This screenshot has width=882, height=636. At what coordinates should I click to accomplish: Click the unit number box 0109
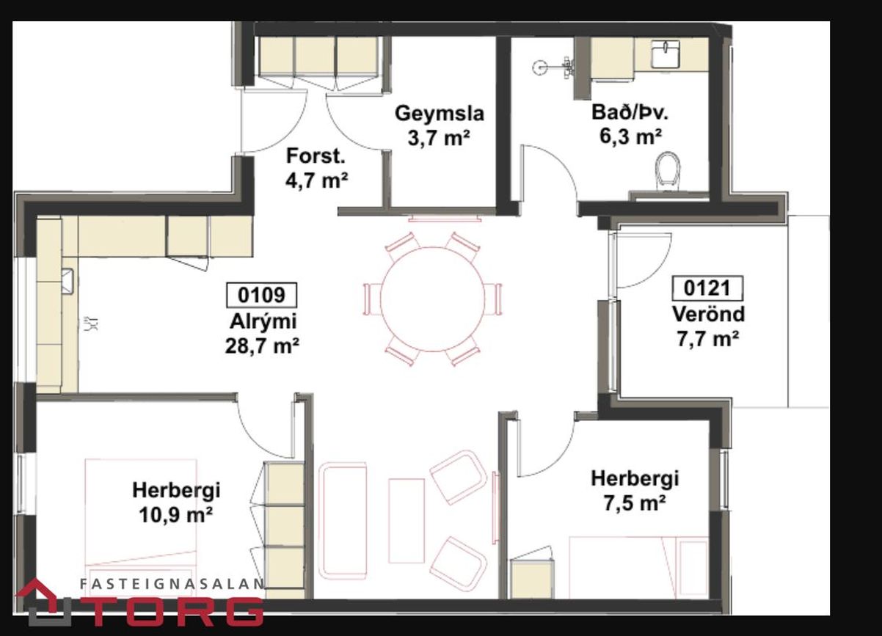(x=261, y=295)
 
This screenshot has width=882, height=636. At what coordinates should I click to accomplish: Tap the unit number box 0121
(x=707, y=288)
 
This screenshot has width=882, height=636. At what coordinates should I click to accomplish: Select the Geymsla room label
(x=440, y=114)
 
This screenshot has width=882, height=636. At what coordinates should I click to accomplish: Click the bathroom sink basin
(x=665, y=54)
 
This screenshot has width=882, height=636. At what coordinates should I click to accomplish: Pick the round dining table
(x=433, y=299)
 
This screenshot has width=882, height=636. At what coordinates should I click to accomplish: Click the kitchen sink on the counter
(x=68, y=282)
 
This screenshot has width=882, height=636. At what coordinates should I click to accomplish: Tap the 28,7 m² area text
(x=262, y=346)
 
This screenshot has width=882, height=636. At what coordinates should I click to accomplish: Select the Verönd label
(x=708, y=314)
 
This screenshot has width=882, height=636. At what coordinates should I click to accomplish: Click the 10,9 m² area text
(x=175, y=514)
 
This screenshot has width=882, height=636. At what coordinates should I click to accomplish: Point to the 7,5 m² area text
(x=635, y=503)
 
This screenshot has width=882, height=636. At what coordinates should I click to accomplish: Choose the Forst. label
(x=316, y=156)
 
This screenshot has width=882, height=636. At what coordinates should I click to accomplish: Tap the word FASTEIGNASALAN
(x=172, y=584)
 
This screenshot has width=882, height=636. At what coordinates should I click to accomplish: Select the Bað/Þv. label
(x=630, y=112)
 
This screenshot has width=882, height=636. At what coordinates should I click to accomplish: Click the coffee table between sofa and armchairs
(x=407, y=521)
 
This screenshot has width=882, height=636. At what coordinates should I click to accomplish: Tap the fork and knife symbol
(x=91, y=324)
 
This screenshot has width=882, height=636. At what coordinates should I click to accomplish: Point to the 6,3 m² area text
(x=630, y=136)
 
